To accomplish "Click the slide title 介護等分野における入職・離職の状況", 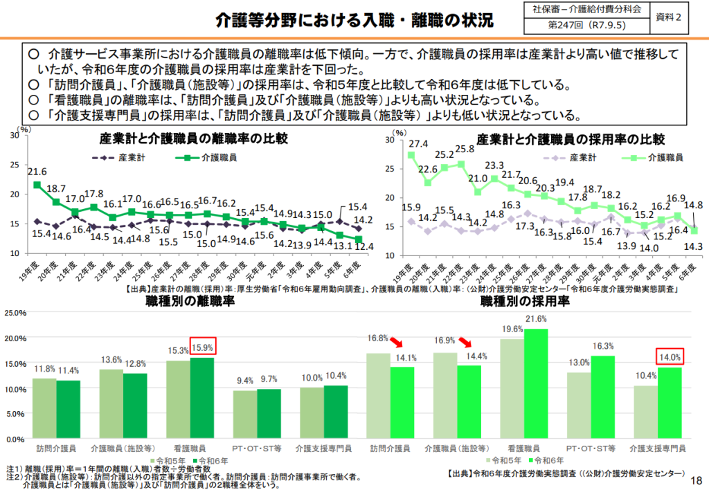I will point(354,20).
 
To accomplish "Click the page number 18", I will point(696,479).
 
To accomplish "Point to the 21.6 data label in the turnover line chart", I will point(37,172).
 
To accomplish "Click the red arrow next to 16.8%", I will point(396,343).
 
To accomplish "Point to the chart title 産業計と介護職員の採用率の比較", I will point(570,139).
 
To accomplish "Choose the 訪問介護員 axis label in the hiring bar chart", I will point(390,448).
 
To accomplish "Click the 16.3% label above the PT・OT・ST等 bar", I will point(603,346).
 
